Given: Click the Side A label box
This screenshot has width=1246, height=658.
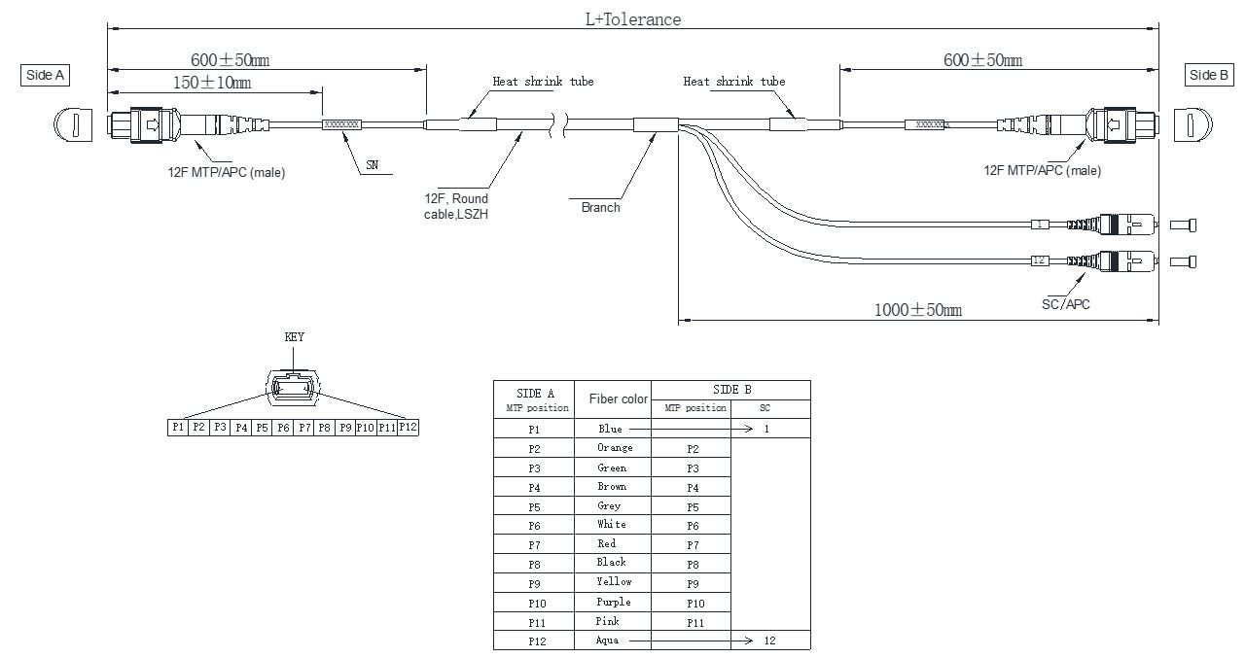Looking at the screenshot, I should pyautogui.click(x=45, y=75).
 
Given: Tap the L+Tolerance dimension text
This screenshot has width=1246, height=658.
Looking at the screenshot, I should pyautogui.click(x=632, y=18).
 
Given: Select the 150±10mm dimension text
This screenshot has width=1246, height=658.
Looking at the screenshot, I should pyautogui.click(x=211, y=83).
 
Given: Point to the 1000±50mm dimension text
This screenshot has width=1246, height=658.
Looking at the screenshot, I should pyautogui.click(x=917, y=309).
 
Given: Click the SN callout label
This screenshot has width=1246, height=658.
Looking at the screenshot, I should pyautogui.click(x=372, y=166).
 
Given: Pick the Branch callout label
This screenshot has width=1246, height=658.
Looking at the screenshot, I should pyautogui.click(x=600, y=207).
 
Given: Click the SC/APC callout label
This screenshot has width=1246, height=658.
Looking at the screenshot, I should pyautogui.click(x=1065, y=304).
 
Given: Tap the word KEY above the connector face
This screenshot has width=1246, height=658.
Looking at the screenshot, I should pyautogui.click(x=294, y=337).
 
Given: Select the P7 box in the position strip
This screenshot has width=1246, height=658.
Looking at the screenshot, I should pyautogui.click(x=304, y=427).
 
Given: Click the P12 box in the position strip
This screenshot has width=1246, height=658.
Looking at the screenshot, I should pyautogui.click(x=409, y=427).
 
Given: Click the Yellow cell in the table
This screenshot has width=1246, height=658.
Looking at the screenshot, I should pyautogui.click(x=614, y=582).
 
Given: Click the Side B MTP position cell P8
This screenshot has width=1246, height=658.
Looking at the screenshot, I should pyautogui.click(x=693, y=564).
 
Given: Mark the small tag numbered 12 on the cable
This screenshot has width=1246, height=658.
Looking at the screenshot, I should pyautogui.click(x=1038, y=260).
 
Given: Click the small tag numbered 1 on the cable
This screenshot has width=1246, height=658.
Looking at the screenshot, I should pyautogui.click(x=1039, y=225).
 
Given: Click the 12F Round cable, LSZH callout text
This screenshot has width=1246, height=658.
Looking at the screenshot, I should pyautogui.click(x=456, y=206).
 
